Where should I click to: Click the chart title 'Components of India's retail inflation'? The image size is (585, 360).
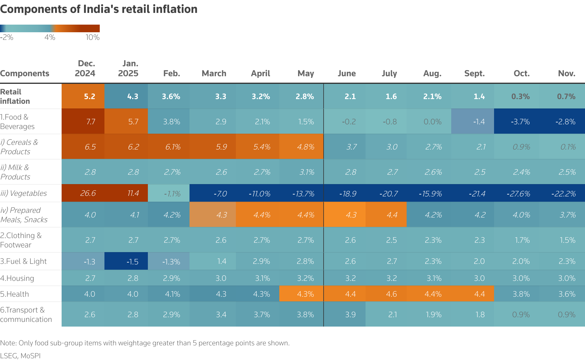(x=99, y=9)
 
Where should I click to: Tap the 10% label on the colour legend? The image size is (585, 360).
(x=92, y=38)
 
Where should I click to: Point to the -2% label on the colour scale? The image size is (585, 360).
(x=7, y=38)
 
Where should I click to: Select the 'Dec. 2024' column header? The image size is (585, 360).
(x=85, y=69)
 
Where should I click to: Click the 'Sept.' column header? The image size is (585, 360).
(x=474, y=73)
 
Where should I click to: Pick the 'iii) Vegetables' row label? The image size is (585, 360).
(x=23, y=193)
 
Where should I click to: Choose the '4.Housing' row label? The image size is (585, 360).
(x=17, y=278)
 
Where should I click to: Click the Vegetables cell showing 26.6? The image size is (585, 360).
(x=88, y=193)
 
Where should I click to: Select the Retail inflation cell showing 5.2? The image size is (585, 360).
(x=89, y=96)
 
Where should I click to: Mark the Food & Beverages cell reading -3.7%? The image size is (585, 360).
(x=520, y=122)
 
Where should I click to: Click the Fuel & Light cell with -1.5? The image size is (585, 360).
(x=132, y=261)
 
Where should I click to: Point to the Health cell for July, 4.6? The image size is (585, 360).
(x=391, y=294)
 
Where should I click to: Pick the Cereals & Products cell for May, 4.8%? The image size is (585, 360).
(x=305, y=147)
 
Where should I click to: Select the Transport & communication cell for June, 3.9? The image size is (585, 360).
(x=350, y=315)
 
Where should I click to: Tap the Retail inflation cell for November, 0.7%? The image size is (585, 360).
(x=566, y=96)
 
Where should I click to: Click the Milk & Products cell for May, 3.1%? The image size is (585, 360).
(x=307, y=172)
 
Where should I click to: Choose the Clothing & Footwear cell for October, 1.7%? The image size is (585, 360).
(x=522, y=240)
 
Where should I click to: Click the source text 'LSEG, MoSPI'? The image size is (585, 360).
(x=20, y=356)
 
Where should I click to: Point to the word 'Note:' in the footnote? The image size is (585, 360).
(x=9, y=343)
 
